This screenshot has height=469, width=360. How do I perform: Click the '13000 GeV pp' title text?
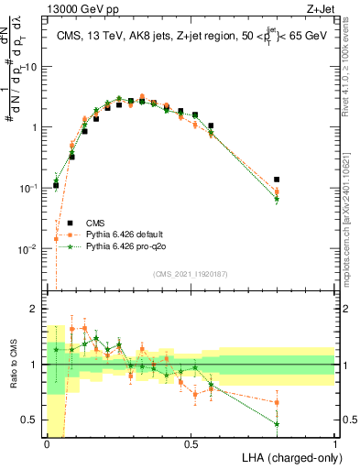[x=80, y=9]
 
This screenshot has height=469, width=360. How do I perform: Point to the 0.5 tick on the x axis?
[x=191, y=442]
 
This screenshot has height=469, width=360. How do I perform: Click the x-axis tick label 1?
[x=334, y=442]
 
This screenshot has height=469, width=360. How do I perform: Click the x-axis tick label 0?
[x=48, y=442]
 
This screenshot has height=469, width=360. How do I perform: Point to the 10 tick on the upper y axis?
[x=33, y=67]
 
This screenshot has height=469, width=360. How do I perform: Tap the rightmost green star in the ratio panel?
[x=277, y=424]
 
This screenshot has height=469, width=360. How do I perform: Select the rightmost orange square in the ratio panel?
[x=277, y=402]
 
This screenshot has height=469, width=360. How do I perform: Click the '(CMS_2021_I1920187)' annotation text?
[x=191, y=274]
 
